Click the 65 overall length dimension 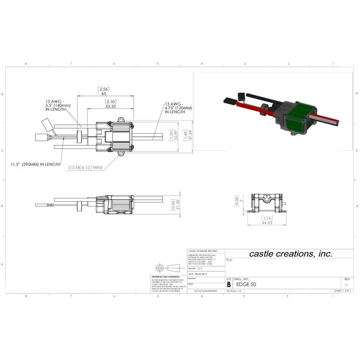tap(104, 94)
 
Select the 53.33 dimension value tap(110, 106)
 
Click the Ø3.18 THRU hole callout tap(86, 167)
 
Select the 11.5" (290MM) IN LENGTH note tap(36, 164)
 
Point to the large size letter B tap(229, 284)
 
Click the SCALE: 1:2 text tap(234, 291)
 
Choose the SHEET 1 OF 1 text tap(343, 291)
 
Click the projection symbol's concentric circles tap(160, 267)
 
